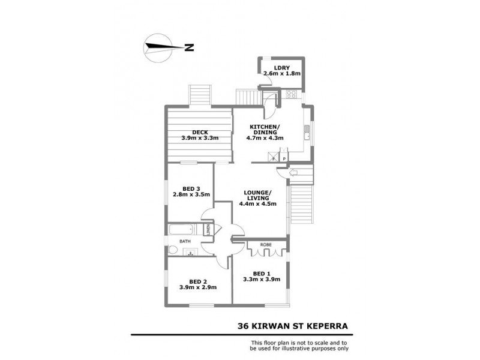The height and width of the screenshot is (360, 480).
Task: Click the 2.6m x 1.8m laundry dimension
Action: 281,74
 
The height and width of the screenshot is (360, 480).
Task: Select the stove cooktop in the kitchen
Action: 292,94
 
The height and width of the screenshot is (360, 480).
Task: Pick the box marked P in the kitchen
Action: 284,159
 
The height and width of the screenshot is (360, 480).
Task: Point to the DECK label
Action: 199,133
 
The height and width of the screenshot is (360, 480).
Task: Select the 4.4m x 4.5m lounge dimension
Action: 257,203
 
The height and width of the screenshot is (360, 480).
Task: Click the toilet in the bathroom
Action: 173,250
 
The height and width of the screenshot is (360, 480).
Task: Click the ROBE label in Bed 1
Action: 265,245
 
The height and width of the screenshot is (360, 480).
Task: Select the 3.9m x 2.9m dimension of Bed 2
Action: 198,287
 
